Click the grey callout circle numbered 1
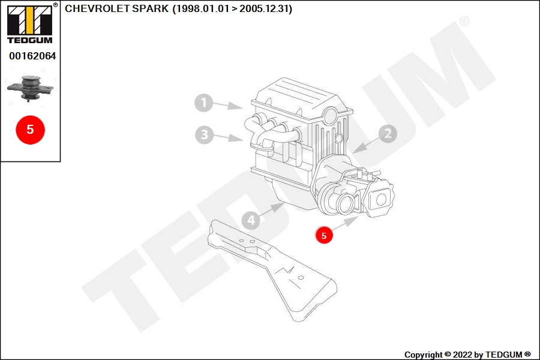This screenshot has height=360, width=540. click(203, 103)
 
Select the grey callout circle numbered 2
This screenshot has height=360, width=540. click(388, 133)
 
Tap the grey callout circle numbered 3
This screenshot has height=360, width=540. click(204, 134)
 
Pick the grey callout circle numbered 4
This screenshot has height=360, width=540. click(251, 220)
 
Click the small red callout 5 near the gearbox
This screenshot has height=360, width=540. click(324, 235)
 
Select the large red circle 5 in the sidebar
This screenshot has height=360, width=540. click(31, 130)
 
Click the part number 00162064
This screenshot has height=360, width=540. click(32, 56)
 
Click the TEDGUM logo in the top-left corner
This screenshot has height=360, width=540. click(30, 25)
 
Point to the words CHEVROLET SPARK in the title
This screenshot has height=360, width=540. click(117, 8)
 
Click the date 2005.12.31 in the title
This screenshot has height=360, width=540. click(264, 8)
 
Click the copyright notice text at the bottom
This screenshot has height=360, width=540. click(467, 355)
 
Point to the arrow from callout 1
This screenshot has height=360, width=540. click(228, 105)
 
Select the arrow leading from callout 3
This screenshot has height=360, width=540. click(229, 137)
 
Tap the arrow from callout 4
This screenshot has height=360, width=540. click(271, 210)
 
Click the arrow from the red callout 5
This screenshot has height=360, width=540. click(345, 224)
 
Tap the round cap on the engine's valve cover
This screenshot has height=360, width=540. click(331, 115)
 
